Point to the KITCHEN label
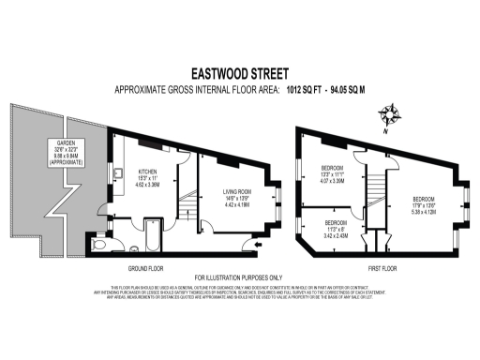(x=148, y=172)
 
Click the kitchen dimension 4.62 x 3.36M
(x=148, y=186)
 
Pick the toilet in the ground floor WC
(x=101, y=246)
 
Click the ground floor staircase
(x=188, y=200)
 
